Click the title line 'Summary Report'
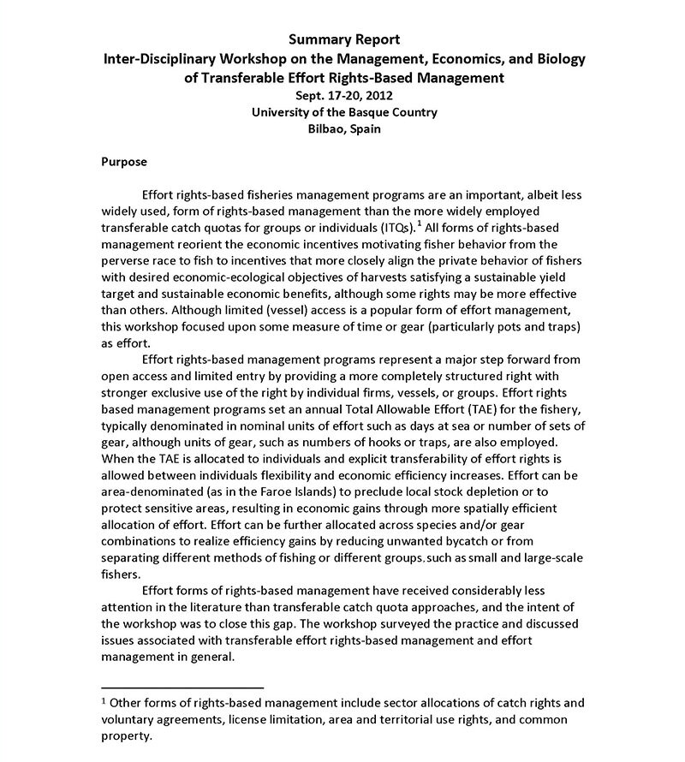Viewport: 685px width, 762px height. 343,39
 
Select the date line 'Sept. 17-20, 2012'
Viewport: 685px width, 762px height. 343,95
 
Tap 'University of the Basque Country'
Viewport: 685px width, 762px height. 343,112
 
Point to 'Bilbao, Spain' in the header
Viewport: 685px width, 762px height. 343,129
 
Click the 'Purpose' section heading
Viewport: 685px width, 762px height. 124,162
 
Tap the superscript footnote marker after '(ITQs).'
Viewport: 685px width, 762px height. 419,223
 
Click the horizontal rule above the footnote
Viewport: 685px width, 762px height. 182,687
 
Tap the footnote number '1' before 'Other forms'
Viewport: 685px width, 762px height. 104,702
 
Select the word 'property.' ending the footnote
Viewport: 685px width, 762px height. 127,735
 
